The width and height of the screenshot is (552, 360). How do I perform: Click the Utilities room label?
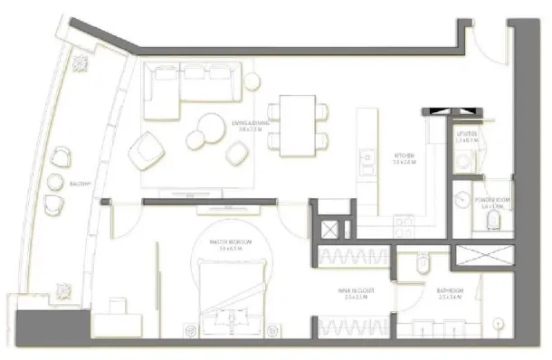coord(467,137)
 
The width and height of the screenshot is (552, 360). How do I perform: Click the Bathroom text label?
coord(450,291)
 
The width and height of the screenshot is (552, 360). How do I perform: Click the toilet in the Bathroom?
coord(423,264)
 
